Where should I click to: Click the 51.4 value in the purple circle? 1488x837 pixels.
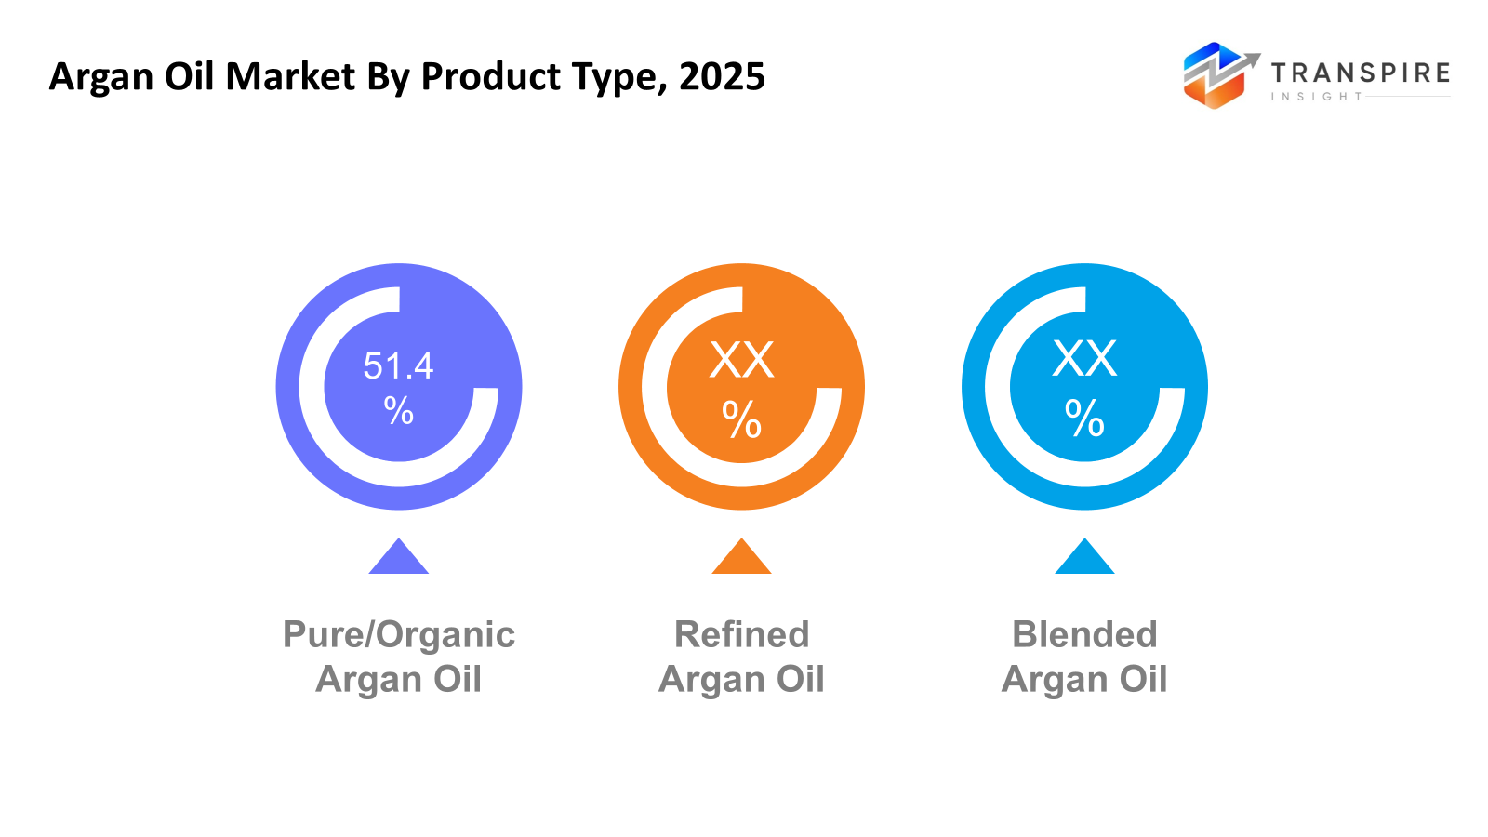click(x=398, y=366)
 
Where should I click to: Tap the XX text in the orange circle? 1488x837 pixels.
click(x=741, y=360)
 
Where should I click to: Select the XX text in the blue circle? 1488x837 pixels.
click(x=1084, y=358)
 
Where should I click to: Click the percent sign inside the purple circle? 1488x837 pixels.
click(x=398, y=410)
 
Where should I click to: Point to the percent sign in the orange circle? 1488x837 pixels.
click(x=741, y=419)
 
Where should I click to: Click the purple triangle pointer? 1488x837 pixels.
click(x=398, y=559)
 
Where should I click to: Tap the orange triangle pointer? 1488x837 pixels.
click(x=741, y=559)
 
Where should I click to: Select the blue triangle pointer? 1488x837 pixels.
click(x=1084, y=559)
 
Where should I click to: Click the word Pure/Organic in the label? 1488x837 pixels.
click(x=398, y=635)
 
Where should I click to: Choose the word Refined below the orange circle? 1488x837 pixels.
click(x=741, y=635)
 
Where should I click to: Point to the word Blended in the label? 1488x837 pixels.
click(x=1084, y=635)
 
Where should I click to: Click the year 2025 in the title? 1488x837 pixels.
click(x=722, y=76)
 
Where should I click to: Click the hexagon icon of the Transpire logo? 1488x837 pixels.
click(x=1214, y=76)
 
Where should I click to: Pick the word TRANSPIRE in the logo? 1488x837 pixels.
click(x=1360, y=73)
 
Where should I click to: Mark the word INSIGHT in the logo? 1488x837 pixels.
click(x=1316, y=97)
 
